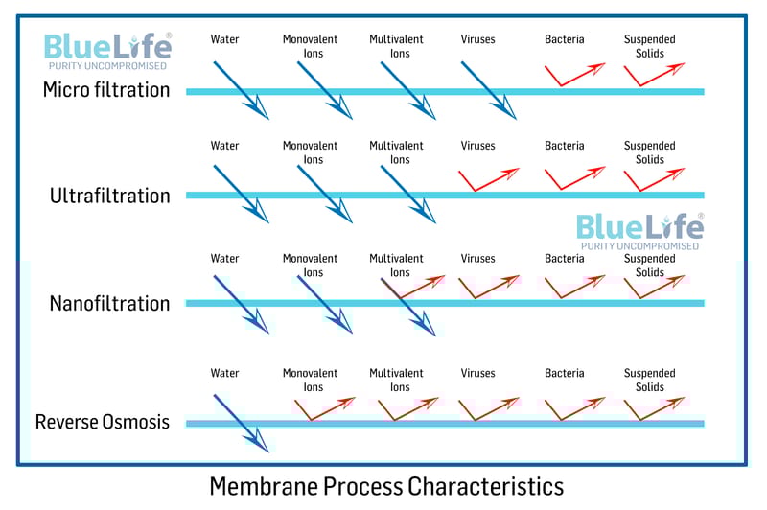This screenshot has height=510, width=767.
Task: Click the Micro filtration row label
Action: pos(106,90)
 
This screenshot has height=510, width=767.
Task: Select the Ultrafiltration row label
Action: pos(109,196)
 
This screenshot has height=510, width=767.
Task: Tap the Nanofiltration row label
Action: pos(109,304)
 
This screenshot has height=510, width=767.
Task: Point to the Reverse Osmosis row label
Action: pos(103,422)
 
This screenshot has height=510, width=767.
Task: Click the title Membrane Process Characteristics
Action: pos(386,486)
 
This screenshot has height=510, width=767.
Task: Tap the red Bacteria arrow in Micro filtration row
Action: pos(573,74)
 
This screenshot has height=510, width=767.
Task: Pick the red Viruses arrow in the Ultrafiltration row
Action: pos(489,178)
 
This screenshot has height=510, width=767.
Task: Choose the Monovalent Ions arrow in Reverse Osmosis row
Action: pos(323,408)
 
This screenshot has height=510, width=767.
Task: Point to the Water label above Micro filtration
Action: pos(224,39)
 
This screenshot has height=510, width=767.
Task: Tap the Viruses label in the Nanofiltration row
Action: pos(477,259)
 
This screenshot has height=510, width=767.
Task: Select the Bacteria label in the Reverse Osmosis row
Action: pos(564,373)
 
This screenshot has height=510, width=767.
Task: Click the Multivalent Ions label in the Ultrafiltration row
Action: pos(396,152)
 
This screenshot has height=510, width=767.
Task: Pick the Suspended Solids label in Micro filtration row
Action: pos(649,46)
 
